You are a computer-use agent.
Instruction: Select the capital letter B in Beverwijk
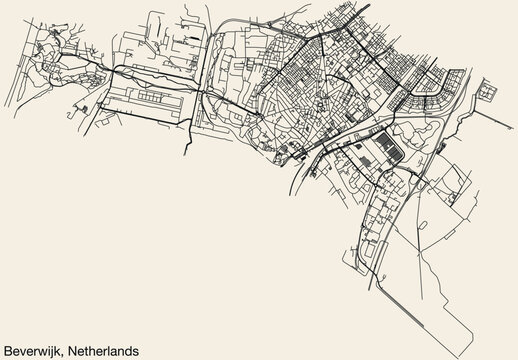(x=9, y=349)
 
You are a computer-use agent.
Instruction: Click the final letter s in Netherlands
(x=136, y=350)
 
